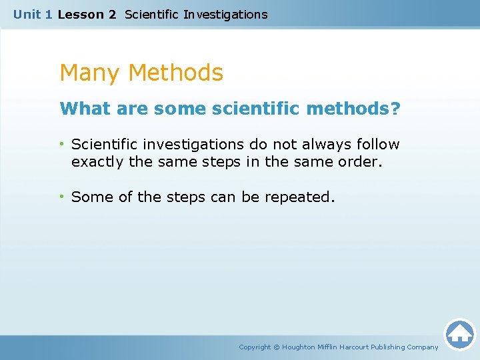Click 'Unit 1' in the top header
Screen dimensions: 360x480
33,14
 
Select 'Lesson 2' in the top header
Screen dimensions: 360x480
87,14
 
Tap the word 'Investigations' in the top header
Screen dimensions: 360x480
225,14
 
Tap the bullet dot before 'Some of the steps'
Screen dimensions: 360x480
63,197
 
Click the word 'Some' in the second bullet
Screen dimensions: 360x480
89,197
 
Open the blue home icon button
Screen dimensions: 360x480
459,333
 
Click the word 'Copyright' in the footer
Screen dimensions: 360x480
255,347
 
